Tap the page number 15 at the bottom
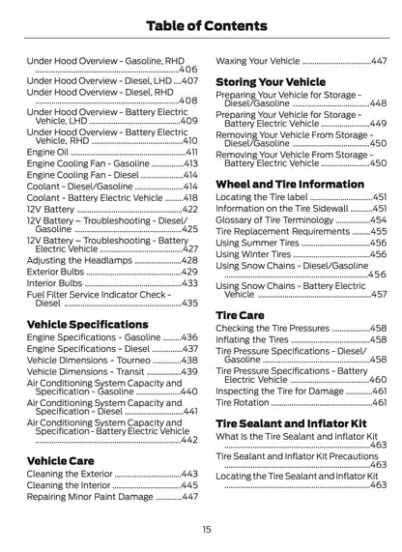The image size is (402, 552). coord(207,530)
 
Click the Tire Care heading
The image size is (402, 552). coord(240,315)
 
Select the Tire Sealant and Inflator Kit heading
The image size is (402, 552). coord(290,424)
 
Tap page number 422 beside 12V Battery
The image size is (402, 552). coord(189,209)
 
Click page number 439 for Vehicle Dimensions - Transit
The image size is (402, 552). coord(189,371)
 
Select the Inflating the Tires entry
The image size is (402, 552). coord(252,339)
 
